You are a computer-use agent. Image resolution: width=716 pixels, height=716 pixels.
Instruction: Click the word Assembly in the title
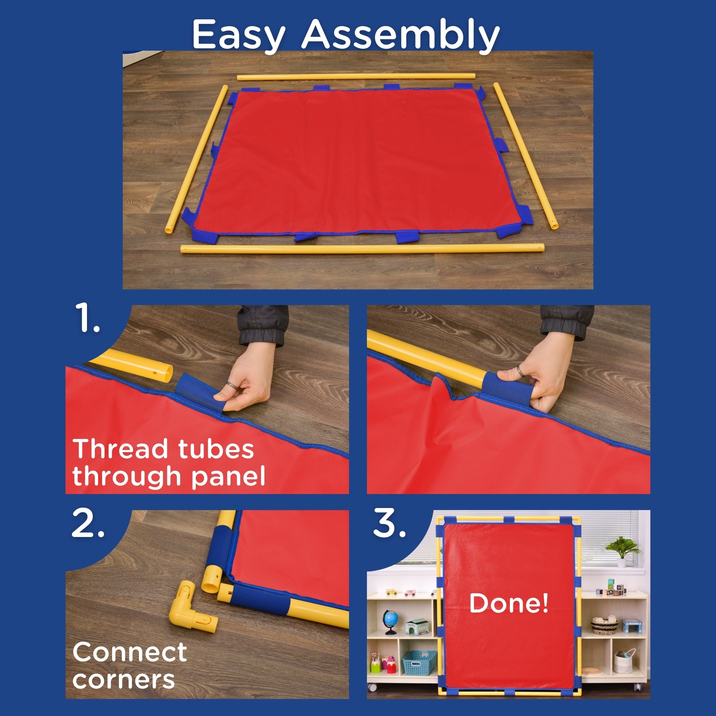(x=401, y=34)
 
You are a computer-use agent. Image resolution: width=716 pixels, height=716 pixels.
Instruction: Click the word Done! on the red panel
(x=508, y=603)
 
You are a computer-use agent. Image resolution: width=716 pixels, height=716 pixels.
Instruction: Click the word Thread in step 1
(x=120, y=449)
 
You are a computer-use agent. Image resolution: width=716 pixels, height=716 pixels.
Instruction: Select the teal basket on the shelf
(x=419, y=663)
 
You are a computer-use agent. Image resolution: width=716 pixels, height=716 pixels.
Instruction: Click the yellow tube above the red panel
(x=356, y=76)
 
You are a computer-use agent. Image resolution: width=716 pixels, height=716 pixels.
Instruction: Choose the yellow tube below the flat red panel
(x=362, y=248)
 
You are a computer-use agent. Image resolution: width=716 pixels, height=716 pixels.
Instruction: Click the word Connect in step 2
(x=130, y=652)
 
